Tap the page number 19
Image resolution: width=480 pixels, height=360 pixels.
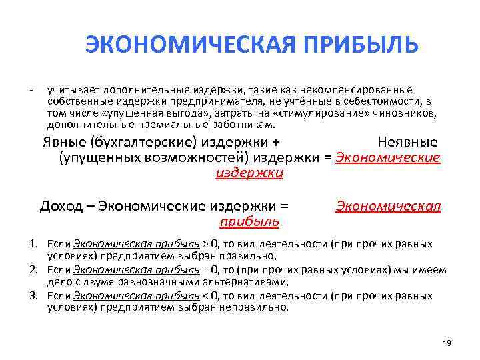coord(447,343)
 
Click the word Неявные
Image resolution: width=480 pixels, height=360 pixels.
coord(407,142)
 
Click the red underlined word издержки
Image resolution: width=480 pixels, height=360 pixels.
coord(250,173)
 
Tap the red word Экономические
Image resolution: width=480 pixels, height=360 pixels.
coord(388,157)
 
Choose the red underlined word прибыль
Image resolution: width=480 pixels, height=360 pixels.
coord(249,221)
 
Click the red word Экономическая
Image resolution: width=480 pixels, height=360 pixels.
coord(388,206)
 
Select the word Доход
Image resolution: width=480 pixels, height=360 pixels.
coord(61,206)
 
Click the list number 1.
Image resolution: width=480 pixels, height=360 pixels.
coord(33,244)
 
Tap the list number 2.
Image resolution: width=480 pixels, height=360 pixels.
coord(33,270)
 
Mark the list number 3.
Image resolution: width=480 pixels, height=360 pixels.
coord(33,296)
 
